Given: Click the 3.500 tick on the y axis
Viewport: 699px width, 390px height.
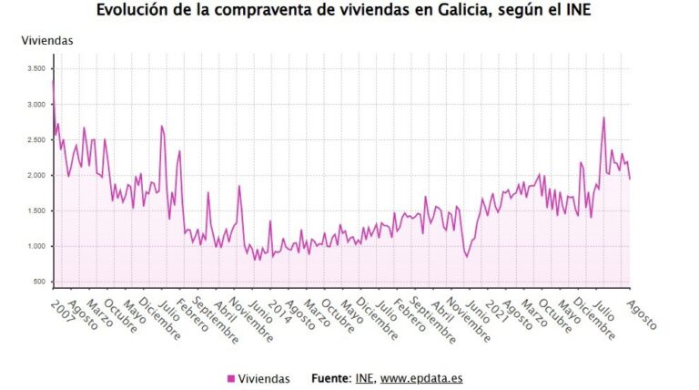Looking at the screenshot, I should tap(35, 68).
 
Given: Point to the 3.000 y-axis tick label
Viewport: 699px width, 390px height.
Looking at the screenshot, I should tap(35, 105).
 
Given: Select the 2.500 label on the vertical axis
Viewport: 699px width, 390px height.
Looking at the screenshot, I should tap(35, 139).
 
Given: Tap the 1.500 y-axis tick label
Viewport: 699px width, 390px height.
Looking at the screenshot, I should tap(35, 210).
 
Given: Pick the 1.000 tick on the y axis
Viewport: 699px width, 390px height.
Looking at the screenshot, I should tap(35, 246).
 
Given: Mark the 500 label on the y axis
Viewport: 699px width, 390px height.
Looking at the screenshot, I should tap(39, 282).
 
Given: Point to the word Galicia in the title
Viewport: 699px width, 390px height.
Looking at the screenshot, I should tap(477, 11).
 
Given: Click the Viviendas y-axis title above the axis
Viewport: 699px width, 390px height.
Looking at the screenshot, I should tap(47, 41).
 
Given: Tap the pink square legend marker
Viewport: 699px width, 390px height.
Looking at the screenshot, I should tap(230, 378).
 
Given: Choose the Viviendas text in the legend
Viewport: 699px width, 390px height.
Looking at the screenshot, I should tap(264, 378).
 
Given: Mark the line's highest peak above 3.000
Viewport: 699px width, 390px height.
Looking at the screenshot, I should tap(53, 81).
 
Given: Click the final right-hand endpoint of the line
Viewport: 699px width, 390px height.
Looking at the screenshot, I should tap(630, 179).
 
